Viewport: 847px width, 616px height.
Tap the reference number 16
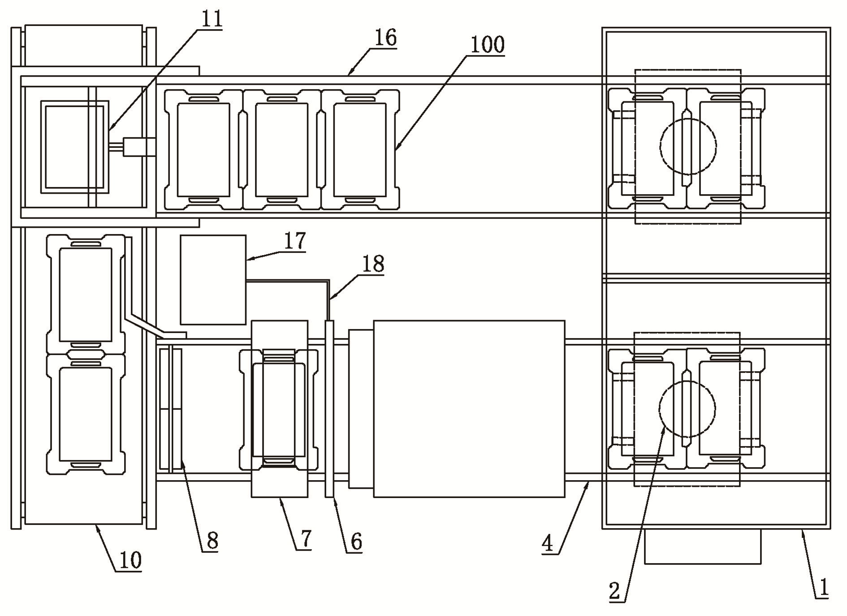[x=385, y=38]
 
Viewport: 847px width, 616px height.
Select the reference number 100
[x=488, y=45]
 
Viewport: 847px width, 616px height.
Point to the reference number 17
[x=295, y=241]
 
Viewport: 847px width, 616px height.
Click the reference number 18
[x=373, y=264]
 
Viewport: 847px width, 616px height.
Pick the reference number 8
[x=212, y=541]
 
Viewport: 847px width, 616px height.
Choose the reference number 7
[x=305, y=539]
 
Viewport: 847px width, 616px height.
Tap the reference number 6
[x=356, y=542]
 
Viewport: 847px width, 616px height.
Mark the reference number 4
[x=548, y=543]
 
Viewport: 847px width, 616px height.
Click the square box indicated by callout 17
[x=213, y=280]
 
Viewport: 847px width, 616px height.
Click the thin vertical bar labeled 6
[x=329, y=409]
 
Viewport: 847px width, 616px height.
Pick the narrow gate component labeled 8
[x=171, y=409]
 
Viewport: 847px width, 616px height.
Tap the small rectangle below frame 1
[x=703, y=546]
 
